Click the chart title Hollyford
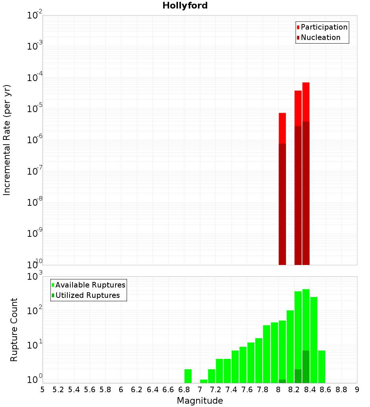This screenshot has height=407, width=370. click(x=185, y=6)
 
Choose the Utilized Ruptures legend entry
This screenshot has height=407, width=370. click(x=87, y=295)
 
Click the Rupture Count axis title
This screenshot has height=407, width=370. click(x=14, y=330)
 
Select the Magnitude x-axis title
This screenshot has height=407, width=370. click(x=200, y=401)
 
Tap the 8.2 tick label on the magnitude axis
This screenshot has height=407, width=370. click(x=294, y=390)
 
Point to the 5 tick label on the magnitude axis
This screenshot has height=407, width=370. click(x=43, y=390)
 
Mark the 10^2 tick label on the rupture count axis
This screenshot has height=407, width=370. click(x=35, y=311)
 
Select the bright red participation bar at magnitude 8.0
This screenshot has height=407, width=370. click(x=282, y=128)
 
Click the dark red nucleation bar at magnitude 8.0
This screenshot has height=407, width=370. click(x=282, y=203)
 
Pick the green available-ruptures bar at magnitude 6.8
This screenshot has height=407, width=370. click(x=188, y=376)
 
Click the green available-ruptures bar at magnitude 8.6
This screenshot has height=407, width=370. click(x=322, y=366)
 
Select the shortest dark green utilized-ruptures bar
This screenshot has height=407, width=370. click(x=282, y=381)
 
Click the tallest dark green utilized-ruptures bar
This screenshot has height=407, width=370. click(x=306, y=366)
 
